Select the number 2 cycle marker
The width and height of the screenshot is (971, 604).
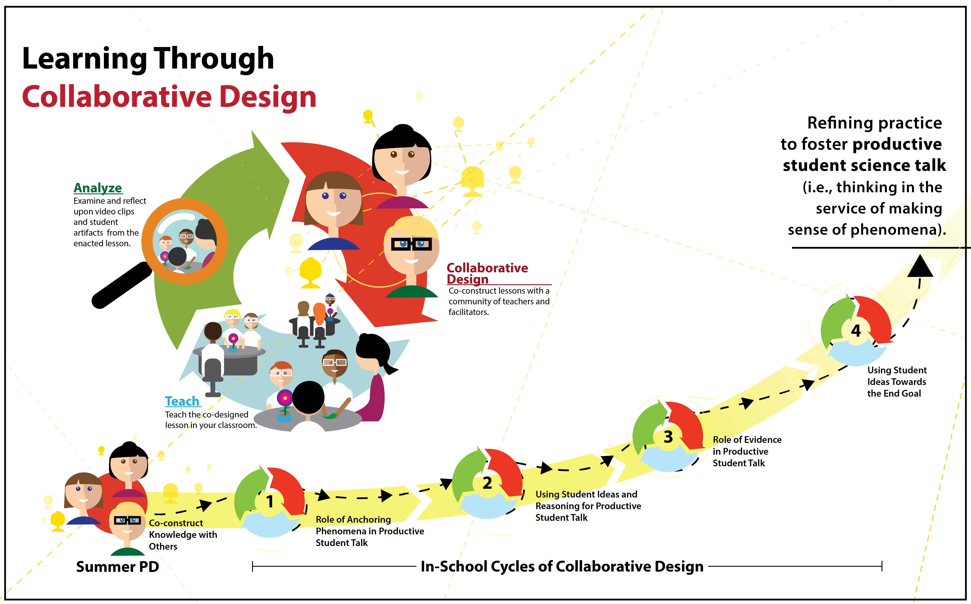[x=487, y=483]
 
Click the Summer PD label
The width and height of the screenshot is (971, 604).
[x=117, y=566]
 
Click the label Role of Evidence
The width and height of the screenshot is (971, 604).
[x=747, y=439]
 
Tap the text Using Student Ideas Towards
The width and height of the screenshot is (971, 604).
[x=897, y=376]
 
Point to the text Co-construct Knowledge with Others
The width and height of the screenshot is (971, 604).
[x=183, y=534]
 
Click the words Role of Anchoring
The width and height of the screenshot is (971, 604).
[x=353, y=519]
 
